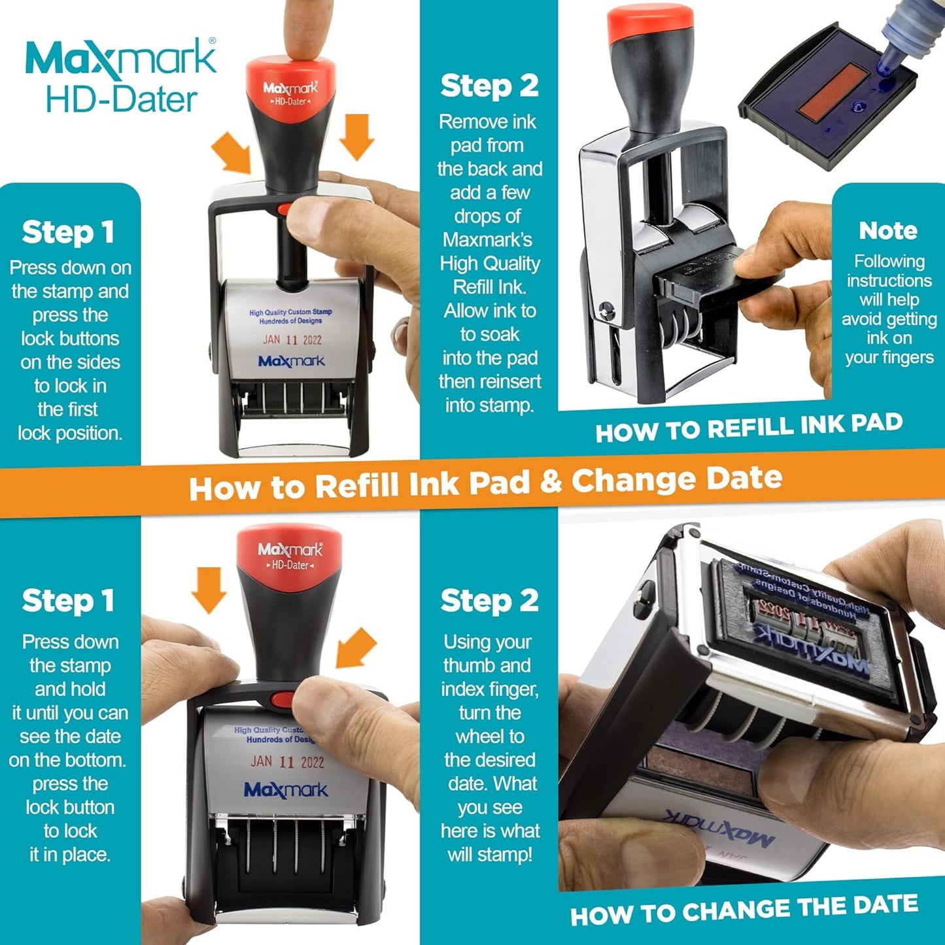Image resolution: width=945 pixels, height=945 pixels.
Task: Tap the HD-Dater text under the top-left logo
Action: pos(121,100)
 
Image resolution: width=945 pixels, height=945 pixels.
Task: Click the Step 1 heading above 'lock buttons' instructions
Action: pos(68,232)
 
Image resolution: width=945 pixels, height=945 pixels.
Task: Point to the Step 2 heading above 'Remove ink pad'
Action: pos(489,86)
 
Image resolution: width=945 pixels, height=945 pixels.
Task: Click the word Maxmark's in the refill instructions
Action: pos(487,240)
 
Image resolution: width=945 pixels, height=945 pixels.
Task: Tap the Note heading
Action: pos(887,231)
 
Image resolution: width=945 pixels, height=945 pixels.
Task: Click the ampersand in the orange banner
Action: pos(551,483)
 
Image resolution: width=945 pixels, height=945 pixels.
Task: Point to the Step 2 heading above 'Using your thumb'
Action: pos(489,601)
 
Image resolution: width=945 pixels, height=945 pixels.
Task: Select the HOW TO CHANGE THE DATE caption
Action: pos(744,910)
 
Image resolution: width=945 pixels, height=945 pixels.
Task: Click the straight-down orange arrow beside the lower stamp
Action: pos(209,589)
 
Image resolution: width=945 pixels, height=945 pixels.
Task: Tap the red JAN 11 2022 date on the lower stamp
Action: pos(287,762)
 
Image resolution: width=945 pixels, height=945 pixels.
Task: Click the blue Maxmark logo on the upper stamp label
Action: pos(291,362)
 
